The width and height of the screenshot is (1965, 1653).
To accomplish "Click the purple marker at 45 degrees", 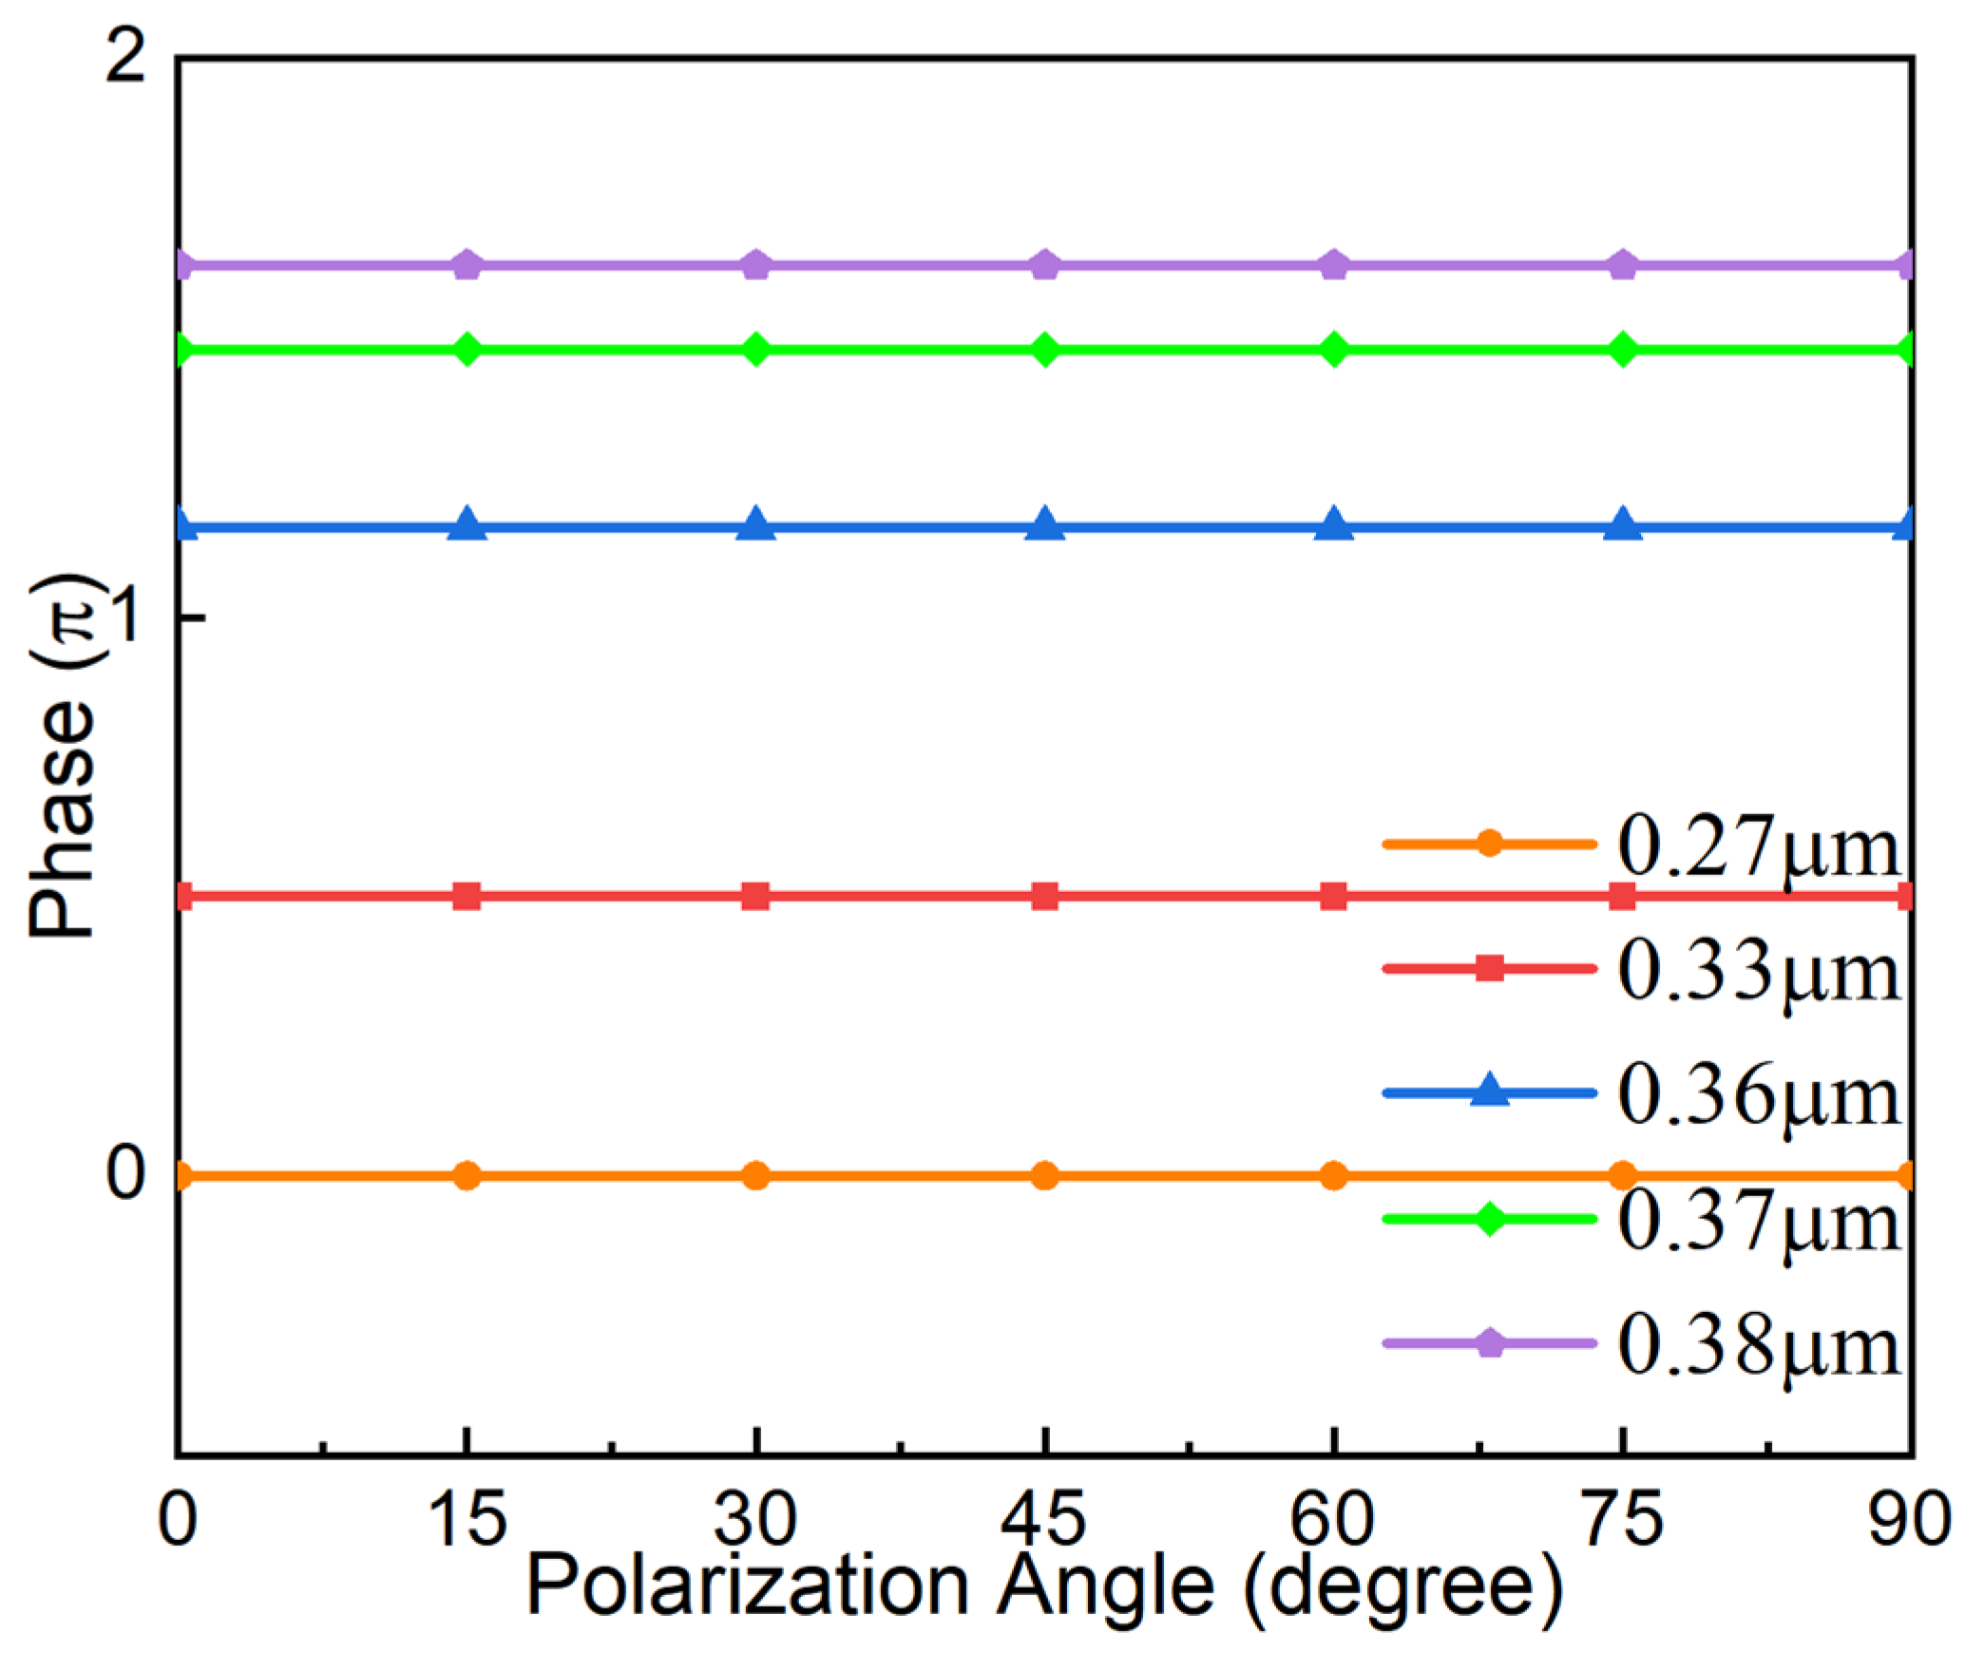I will (x=1044, y=265).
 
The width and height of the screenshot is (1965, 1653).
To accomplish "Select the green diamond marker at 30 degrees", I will (x=755, y=350).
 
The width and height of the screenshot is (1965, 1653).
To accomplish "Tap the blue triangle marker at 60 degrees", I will (x=1333, y=523).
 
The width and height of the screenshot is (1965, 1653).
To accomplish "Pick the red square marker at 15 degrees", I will (x=467, y=896).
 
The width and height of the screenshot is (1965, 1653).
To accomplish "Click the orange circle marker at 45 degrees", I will (x=1044, y=1175).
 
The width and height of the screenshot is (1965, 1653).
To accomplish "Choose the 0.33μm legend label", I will (x=1758, y=972).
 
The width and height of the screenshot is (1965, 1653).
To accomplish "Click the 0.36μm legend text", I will (x=1758, y=1096).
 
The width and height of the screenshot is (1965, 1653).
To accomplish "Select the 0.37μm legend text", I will (x=1758, y=1222).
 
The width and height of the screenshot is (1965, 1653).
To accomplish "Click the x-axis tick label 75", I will (x=1623, y=1519).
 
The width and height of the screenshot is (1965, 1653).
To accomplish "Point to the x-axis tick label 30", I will (x=755, y=1519).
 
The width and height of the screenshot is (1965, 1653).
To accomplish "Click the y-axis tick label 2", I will (x=125, y=57).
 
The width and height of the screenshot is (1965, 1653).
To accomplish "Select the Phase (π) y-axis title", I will (x=65, y=755).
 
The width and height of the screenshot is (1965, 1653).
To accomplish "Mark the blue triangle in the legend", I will (x=1489, y=1091).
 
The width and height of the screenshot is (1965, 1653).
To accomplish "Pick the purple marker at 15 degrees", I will (x=467, y=265).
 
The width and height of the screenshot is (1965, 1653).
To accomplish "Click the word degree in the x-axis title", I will (x=1402, y=1587).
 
